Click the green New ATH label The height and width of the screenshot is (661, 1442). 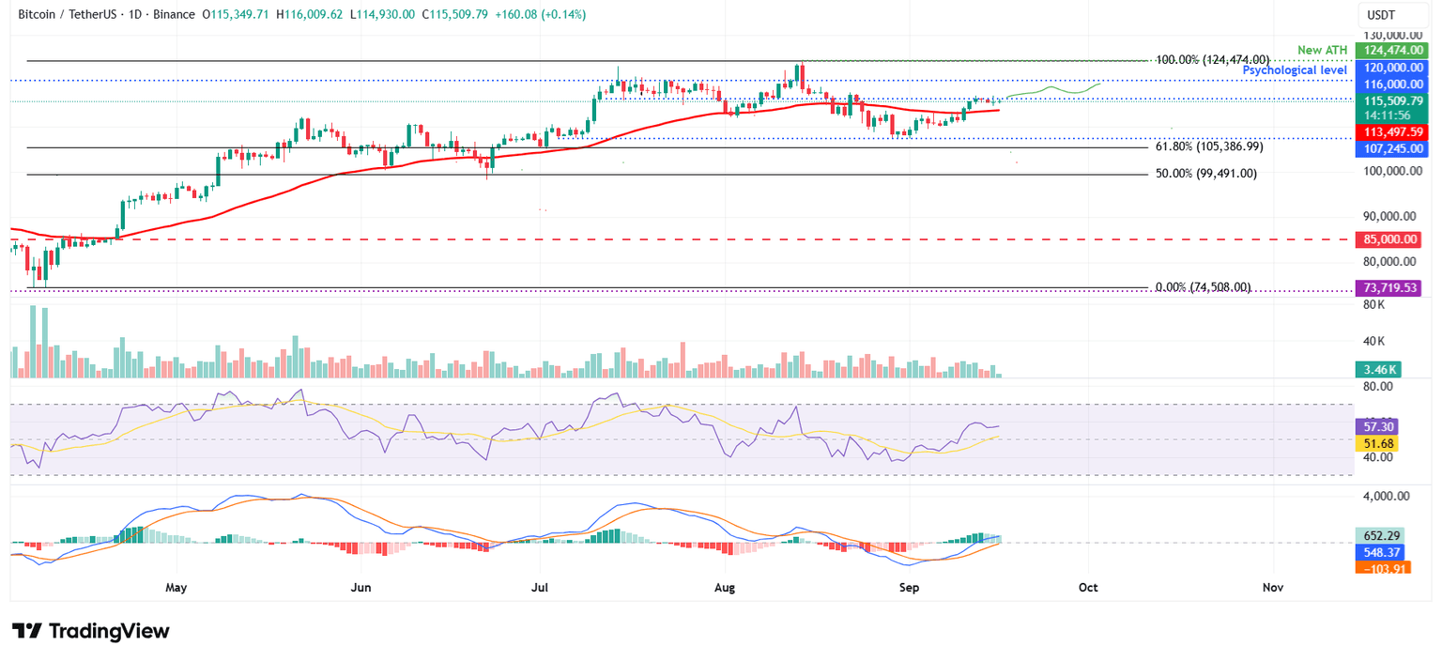click(1322, 49)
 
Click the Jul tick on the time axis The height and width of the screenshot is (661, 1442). click(541, 588)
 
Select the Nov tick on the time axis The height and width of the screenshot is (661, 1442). click(1272, 588)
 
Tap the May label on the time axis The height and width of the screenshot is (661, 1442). click(176, 588)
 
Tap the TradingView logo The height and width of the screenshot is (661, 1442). click(91, 631)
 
